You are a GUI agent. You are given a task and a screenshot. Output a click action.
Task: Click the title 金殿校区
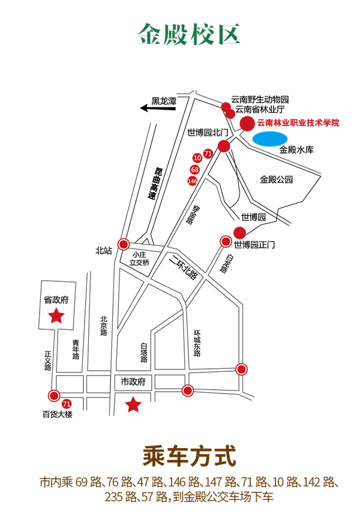tap(189, 34)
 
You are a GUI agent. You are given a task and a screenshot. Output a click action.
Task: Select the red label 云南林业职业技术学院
tap(298, 123)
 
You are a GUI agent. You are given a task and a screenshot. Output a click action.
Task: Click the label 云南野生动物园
tap(260, 99)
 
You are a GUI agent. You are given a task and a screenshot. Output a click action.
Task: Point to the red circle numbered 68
tap(195, 170)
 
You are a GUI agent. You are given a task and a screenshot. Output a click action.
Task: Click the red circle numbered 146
tap(193, 181)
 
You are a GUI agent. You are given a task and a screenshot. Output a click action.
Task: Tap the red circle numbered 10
tap(197, 158)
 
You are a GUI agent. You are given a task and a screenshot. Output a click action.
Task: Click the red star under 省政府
tap(56, 315)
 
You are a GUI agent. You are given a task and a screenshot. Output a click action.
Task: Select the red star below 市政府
tap(133, 405)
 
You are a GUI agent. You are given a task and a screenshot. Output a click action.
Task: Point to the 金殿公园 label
tap(276, 179)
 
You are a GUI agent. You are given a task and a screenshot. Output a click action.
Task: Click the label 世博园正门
tap(254, 245)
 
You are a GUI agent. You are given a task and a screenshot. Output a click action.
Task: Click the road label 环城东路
tap(196, 343)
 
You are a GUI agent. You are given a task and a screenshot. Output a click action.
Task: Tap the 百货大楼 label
tap(58, 414)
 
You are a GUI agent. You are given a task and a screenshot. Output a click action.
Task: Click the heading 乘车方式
tap(189, 455)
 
